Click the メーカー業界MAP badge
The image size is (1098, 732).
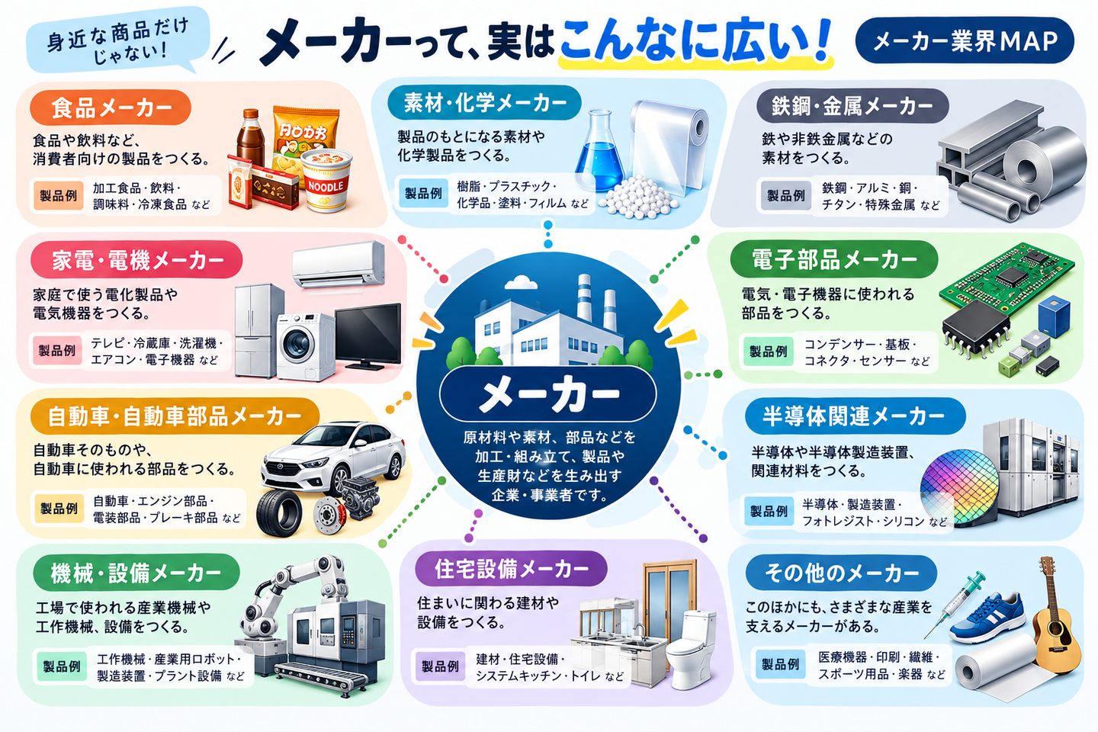click(965, 40)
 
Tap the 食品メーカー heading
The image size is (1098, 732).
click(111, 108)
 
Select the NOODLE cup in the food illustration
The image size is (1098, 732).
click(326, 181)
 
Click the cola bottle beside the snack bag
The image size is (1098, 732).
click(250, 137)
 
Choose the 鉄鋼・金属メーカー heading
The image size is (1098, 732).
click(852, 106)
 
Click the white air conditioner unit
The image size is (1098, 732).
click(339, 265)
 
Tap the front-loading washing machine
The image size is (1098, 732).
click(305, 347)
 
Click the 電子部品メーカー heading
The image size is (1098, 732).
click(834, 259)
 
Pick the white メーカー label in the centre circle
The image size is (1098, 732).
click(548, 393)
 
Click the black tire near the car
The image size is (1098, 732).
click(280, 513)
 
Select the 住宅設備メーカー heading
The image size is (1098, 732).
click(511, 569)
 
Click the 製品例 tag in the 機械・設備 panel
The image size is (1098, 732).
click(62, 666)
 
